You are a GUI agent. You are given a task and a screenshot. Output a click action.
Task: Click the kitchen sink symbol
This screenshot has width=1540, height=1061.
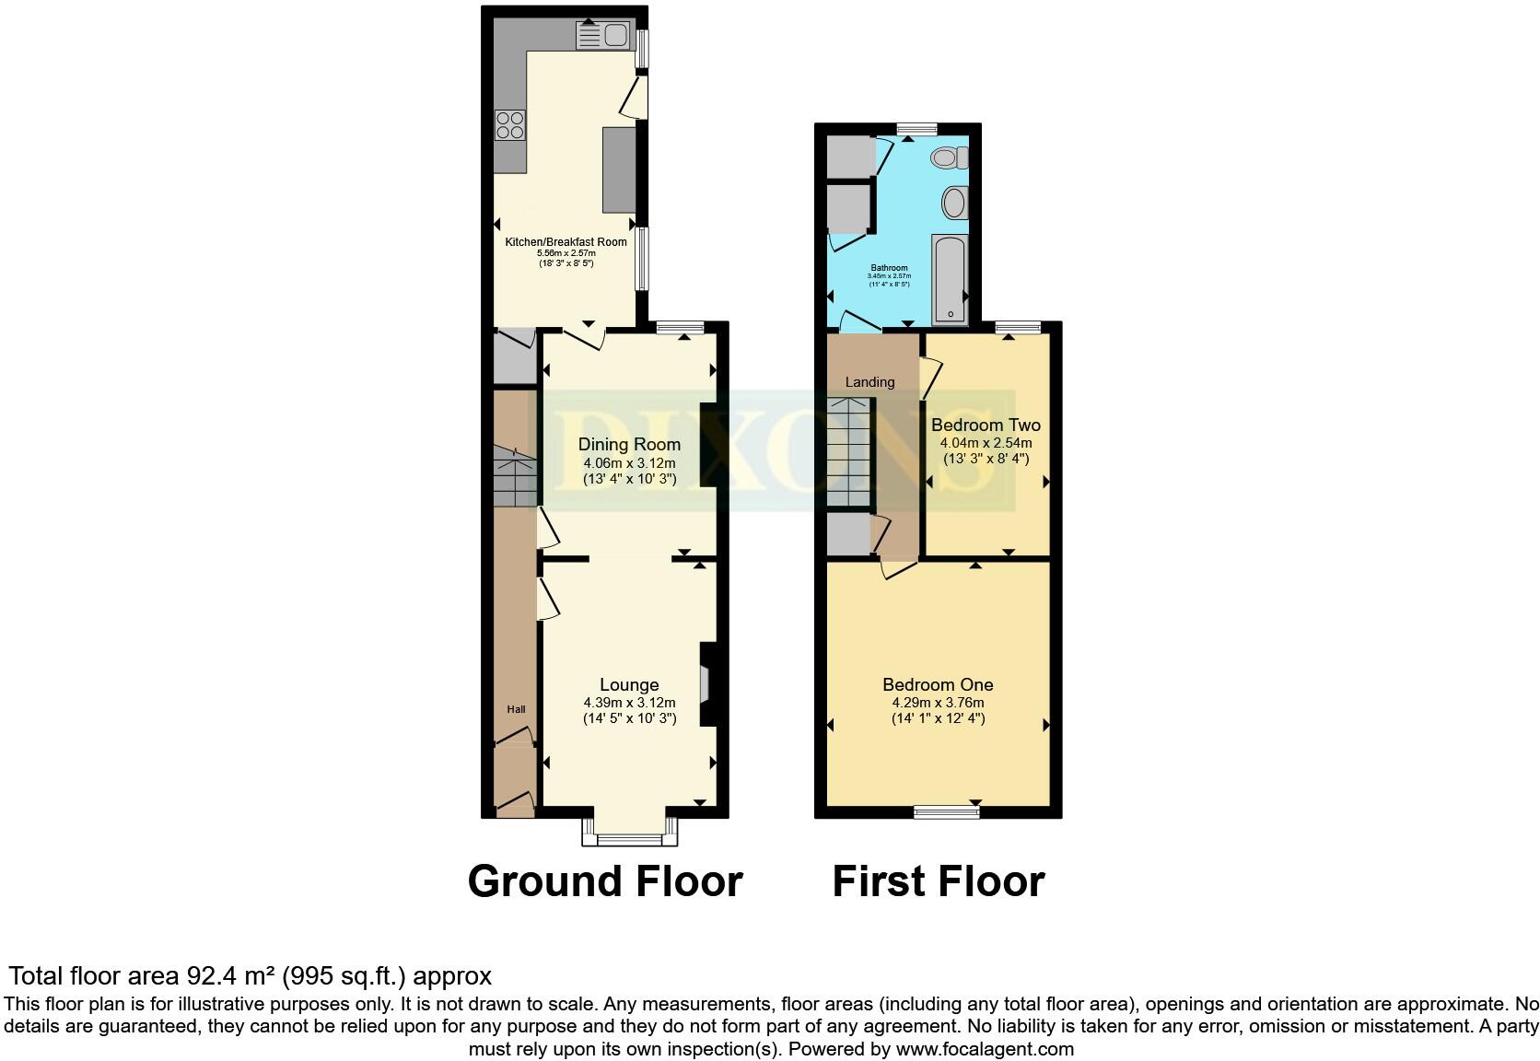(x=601, y=36)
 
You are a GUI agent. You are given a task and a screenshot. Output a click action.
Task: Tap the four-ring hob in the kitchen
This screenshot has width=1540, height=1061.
(x=509, y=124)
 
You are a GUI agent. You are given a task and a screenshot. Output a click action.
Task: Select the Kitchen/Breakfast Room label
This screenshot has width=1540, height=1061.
(x=566, y=242)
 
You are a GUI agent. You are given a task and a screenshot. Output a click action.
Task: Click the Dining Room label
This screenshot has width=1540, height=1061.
(x=629, y=445)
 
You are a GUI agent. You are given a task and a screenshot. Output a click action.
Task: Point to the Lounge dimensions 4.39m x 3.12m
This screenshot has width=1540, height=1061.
(x=629, y=703)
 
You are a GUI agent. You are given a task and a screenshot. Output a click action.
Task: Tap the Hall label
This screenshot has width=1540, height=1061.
(x=516, y=709)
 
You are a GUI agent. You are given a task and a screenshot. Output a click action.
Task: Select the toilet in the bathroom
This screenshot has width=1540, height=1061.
(x=950, y=157)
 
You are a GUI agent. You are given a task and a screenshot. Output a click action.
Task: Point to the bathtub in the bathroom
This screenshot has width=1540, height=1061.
(x=950, y=279)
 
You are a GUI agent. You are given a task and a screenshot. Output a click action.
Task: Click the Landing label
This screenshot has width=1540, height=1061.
(x=869, y=382)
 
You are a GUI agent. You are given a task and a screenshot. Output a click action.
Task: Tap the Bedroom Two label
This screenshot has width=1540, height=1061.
(x=986, y=426)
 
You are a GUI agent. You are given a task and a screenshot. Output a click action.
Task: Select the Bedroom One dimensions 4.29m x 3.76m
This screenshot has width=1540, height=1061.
(x=938, y=703)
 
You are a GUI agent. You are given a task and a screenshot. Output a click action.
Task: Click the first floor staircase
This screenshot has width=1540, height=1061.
(x=848, y=453)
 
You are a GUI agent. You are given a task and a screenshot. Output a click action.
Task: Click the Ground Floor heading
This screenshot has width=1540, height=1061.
(x=605, y=881)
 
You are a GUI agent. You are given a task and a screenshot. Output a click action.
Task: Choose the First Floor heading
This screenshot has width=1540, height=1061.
(x=938, y=881)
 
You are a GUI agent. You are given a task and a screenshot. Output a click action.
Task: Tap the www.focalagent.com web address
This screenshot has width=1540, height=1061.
(x=984, y=1048)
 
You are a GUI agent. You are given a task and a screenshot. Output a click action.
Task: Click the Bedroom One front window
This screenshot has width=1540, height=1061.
(x=946, y=811)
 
